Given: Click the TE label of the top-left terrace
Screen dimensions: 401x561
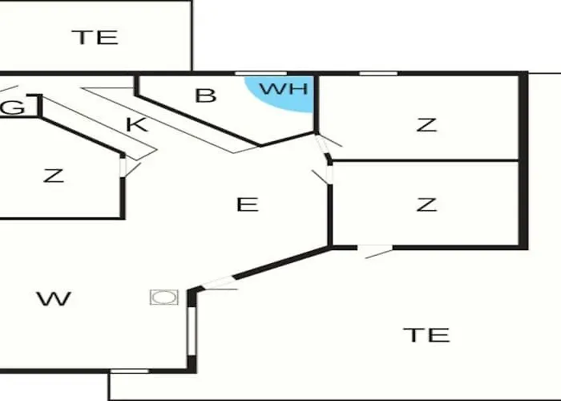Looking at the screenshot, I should point(95,37).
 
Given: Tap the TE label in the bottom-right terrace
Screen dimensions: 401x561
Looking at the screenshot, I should point(426,334).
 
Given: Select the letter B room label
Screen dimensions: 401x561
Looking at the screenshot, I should point(206,95).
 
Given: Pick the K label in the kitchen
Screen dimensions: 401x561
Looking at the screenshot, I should point(136,124).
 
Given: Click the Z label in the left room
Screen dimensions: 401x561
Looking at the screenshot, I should point(53,176).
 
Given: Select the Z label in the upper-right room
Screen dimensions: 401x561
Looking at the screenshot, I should point(426,124).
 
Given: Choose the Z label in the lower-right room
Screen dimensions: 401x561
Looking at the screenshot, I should point(426,205).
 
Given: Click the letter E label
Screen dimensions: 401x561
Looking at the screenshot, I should point(248,205).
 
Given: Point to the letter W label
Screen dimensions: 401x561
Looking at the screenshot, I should point(54,299).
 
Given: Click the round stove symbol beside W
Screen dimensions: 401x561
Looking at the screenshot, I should point(163,297).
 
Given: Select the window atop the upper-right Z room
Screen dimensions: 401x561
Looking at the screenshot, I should point(377,74).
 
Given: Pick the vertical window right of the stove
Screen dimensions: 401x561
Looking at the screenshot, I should point(191,330).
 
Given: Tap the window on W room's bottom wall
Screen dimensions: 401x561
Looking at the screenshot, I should point(128,371).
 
